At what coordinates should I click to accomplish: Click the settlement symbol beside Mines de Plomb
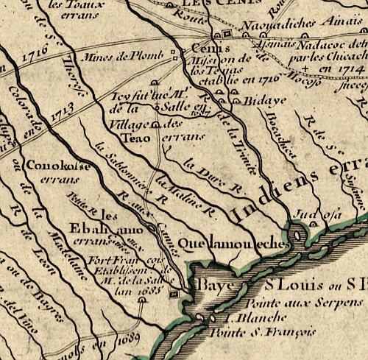click(174, 52)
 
